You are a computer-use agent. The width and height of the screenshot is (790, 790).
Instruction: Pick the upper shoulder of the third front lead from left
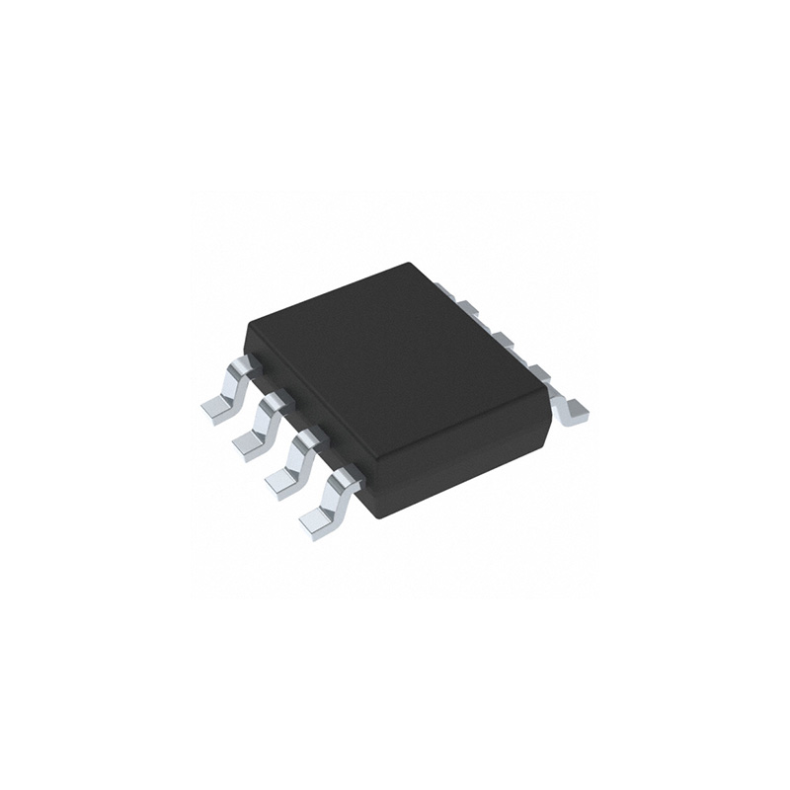[308, 440]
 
